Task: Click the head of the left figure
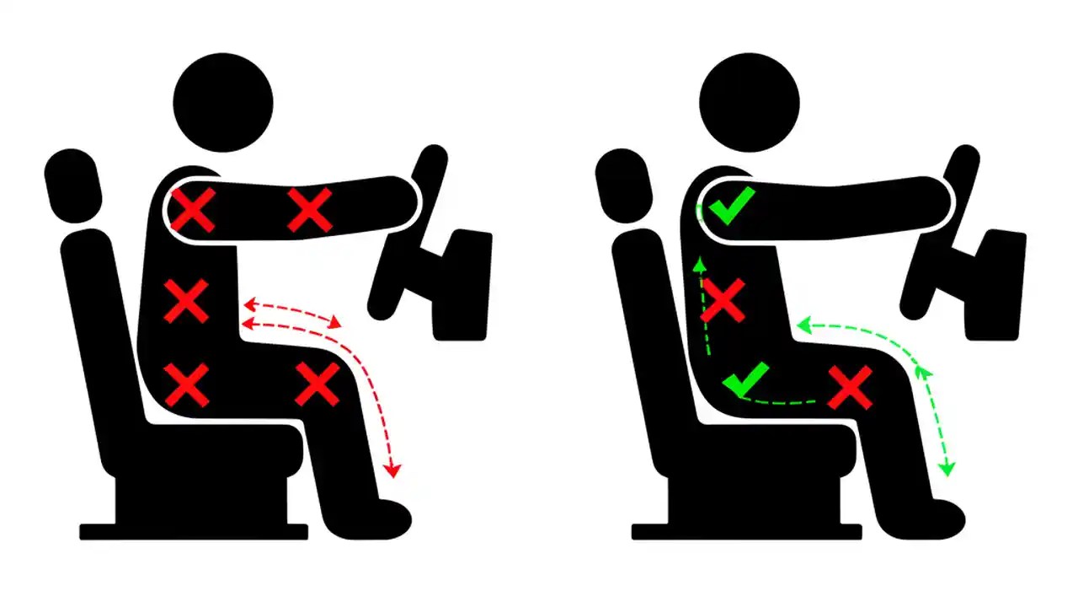223,101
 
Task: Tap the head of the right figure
750,101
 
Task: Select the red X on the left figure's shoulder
194,211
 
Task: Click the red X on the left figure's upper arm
310,210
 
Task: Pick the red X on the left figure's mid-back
186,301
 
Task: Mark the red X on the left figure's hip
186,384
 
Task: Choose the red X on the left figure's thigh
317,384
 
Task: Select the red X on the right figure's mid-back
723,301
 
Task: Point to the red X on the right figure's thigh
850,388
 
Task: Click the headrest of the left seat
74,190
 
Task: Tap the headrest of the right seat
625,190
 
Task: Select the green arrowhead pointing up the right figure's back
699,266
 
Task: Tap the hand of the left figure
404,198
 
